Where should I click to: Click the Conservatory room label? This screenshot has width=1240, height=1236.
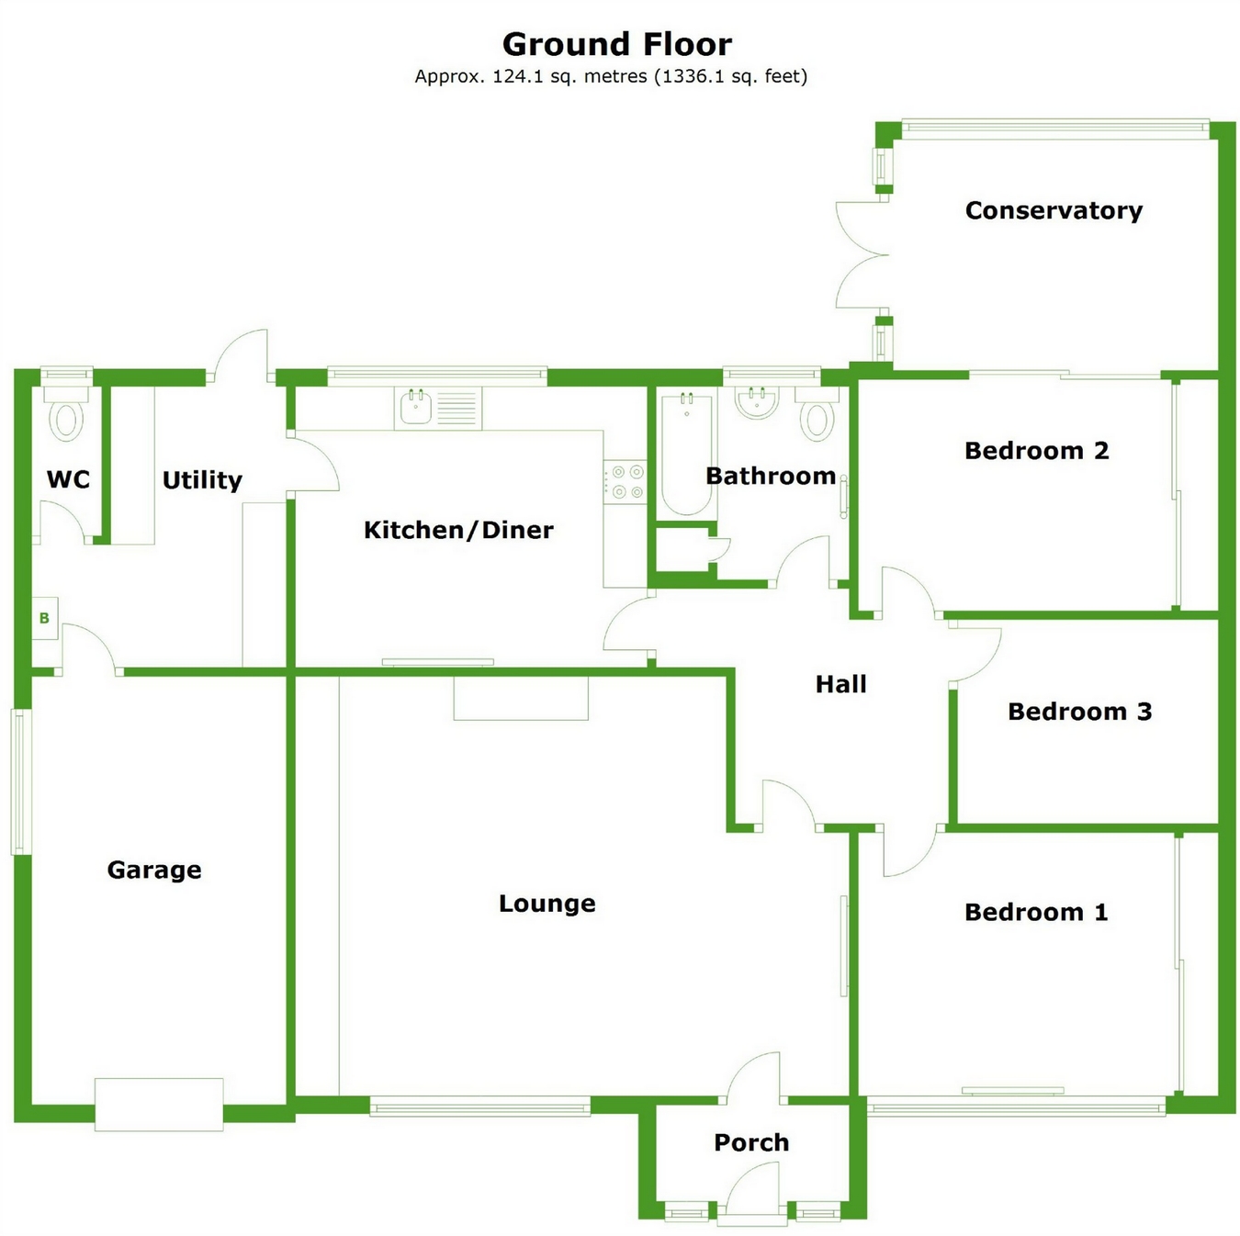point(1054,210)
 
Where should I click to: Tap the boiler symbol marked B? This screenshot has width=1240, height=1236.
point(44,618)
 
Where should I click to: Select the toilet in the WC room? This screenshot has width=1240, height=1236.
point(66,419)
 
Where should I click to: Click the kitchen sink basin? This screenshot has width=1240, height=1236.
point(416,407)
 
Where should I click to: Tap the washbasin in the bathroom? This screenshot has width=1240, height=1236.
point(758,402)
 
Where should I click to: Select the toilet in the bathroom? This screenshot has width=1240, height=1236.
point(817,418)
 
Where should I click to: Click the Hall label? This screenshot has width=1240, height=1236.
point(840,684)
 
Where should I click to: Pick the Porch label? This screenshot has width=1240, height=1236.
point(751,1142)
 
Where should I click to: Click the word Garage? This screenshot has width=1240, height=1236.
point(154,870)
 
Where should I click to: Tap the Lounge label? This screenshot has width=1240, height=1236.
point(547,904)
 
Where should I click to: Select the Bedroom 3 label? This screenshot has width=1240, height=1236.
point(1079,712)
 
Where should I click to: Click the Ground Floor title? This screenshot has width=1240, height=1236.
point(616,44)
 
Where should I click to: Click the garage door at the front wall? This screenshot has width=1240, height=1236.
point(159,1104)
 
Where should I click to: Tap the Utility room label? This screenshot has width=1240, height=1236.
point(202,479)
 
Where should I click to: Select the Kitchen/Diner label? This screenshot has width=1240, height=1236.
point(458,530)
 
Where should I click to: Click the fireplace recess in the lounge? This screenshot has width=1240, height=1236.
point(521,698)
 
